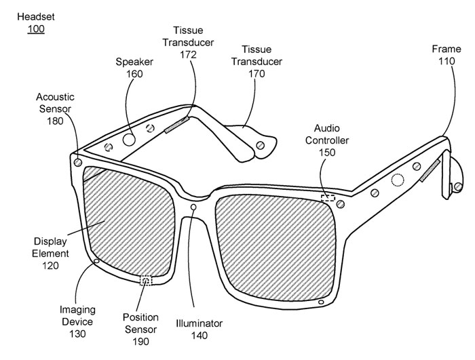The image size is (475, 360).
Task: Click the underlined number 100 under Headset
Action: [36, 29]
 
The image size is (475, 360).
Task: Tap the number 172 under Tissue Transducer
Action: [188, 54]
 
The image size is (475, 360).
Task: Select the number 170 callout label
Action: [256, 74]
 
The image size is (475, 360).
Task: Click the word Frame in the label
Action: [446, 49]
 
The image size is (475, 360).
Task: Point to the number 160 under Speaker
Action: [134, 74]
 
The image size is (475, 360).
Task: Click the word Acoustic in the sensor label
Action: [55, 97]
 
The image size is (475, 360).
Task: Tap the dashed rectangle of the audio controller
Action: [328, 198]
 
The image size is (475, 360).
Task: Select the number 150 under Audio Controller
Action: [327, 153]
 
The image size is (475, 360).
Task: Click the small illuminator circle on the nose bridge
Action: [193, 207]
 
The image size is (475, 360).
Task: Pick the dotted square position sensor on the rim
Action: [146, 281]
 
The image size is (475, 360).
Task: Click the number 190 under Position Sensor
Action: [140, 342]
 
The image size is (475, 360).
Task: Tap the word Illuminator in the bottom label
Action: [199, 323]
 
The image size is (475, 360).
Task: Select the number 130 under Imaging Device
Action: [77, 334]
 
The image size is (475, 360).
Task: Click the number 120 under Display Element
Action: [50, 266]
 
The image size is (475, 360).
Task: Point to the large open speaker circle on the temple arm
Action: [129, 140]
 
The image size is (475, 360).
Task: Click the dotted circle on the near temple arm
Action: [398, 180]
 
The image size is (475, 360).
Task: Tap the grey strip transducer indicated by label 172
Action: [177, 125]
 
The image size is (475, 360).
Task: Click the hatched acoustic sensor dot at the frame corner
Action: [78, 163]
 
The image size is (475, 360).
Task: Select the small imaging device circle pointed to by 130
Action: [96, 261]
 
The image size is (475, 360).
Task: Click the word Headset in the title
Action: [36, 17]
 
